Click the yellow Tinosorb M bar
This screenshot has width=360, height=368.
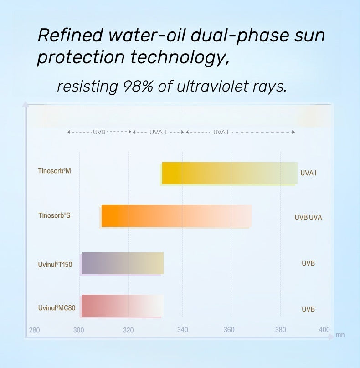[230, 173]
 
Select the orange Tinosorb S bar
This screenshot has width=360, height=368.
[176, 216]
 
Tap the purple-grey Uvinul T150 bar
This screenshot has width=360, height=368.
[123, 263]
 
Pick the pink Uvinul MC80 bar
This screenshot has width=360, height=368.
[123, 306]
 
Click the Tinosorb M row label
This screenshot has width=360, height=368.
[54, 171]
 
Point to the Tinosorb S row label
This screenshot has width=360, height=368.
[54, 215]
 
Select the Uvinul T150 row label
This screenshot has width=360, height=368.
[55, 265]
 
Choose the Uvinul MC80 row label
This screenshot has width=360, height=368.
[57, 308]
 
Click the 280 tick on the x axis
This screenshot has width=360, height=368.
[34, 330]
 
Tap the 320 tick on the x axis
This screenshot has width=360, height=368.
[128, 330]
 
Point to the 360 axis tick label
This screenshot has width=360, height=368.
[229, 330]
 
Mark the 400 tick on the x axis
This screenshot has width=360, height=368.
[324, 330]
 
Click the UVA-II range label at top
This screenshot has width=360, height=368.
[159, 132]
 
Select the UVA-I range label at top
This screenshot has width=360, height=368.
[221, 132]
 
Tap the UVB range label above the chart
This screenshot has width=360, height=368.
[99, 132]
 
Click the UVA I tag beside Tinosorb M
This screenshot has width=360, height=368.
[308, 173]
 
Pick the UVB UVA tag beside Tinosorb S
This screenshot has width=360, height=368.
[308, 217]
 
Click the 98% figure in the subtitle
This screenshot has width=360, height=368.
[138, 87]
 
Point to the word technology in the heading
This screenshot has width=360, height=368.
[180, 57]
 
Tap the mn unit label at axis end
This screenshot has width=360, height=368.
[340, 335]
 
